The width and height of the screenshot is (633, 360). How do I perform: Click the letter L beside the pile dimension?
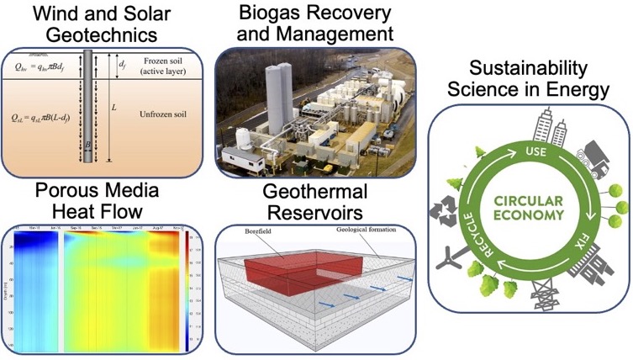point(135,108)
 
